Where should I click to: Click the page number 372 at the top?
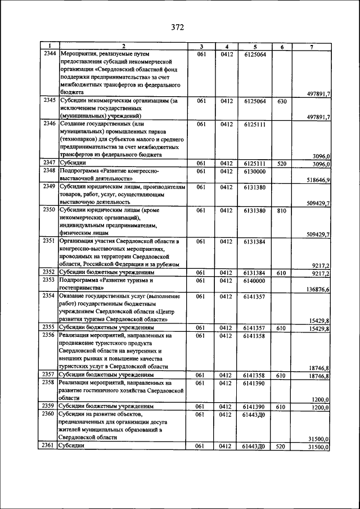click(178, 27)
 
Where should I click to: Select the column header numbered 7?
click(312, 47)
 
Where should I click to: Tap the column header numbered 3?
click(200, 47)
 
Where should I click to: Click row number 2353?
click(49, 280)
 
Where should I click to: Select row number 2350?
click(49, 211)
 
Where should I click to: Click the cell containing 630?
click(282, 101)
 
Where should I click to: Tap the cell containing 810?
click(282, 211)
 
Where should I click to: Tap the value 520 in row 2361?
click(282, 446)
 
